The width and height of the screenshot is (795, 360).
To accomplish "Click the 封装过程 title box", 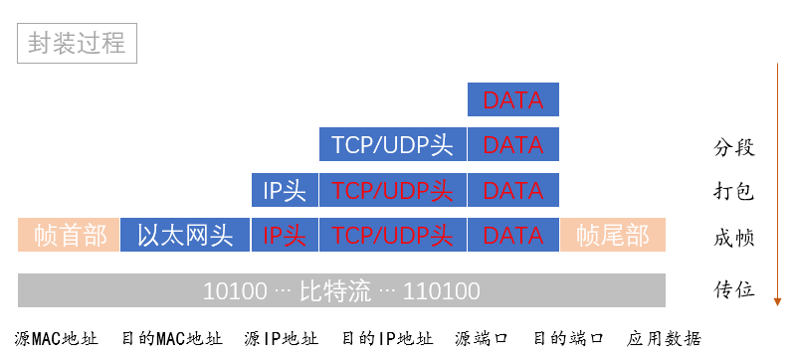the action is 77,43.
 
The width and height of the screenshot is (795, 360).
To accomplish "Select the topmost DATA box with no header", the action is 513,99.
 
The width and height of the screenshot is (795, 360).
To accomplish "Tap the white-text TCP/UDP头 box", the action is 392,144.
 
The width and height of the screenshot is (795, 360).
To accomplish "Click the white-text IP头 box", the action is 285,190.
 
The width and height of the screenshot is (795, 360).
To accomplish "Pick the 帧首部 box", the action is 69,235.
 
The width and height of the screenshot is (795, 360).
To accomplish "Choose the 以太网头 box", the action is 185,235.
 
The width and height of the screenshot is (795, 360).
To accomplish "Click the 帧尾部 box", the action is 613,235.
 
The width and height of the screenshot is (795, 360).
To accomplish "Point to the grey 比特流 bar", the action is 341,290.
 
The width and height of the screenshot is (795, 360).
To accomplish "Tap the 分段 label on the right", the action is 734,148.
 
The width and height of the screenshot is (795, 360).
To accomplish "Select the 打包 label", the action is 734,192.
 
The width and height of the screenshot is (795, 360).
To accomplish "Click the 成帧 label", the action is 734,238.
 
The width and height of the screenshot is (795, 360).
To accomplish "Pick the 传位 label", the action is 734,290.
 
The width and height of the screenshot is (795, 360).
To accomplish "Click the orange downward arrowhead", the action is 777,302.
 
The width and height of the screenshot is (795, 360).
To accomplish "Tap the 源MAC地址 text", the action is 57,338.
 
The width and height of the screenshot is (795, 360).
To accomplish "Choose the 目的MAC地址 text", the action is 172,338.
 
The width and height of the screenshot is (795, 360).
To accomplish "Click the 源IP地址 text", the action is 282,338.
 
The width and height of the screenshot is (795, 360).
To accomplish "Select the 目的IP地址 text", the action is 387,338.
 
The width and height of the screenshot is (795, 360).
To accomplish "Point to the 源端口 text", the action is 482,338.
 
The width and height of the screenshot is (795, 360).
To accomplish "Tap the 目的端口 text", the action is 568,338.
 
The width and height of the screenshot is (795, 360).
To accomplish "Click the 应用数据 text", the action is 664,338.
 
